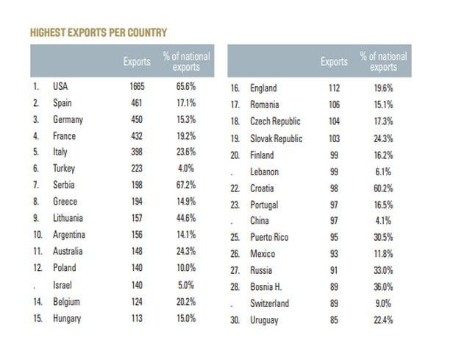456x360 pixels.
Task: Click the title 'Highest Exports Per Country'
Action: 98,32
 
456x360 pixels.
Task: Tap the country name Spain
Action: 63,103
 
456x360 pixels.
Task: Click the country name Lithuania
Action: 68,218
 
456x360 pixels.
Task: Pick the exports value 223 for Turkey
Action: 138,169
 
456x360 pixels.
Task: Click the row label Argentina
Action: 69,235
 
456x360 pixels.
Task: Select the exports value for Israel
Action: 138,285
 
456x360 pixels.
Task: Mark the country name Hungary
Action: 67,319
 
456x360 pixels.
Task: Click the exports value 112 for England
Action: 335,88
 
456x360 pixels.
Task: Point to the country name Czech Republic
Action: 277,121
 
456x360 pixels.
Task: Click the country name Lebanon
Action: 265,172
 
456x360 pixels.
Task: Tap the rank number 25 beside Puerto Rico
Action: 235,237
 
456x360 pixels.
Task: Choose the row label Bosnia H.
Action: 268,287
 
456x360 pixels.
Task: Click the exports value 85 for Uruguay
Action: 335,320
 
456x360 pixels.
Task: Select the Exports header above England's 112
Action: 335,62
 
